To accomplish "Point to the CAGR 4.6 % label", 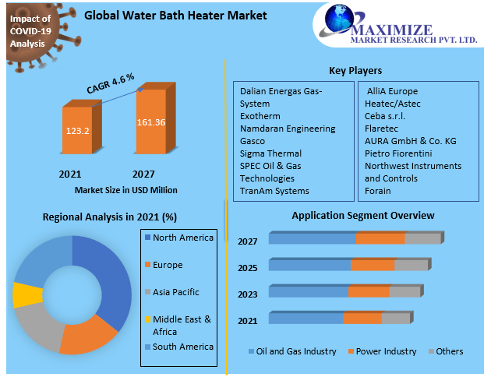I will [x=110, y=82].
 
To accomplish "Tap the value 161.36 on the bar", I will [x=150, y=122].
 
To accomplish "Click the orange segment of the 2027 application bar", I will [x=380, y=238].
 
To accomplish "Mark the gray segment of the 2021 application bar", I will [x=395, y=319].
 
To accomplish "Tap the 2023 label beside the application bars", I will [x=248, y=294].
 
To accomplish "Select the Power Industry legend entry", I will [x=382, y=352].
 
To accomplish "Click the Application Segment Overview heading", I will [x=363, y=215].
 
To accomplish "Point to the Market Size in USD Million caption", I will [x=126, y=190].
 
